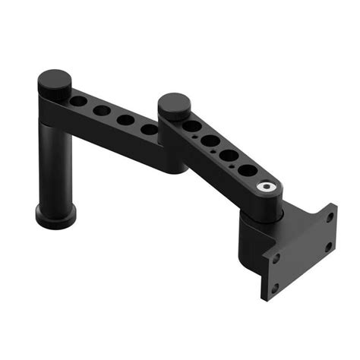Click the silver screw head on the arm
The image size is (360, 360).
coord(265,186)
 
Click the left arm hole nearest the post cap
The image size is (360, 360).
coord(80,101)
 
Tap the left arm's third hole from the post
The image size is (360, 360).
coord(126,120)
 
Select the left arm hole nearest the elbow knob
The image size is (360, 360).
coord(150,130)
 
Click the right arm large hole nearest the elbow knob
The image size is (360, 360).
coord(192,126)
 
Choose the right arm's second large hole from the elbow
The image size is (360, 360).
coord(210,141)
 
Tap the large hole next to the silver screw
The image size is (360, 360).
coord(248,171)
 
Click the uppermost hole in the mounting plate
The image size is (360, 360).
coord(330,216)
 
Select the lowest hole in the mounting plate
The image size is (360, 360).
coord(275,289)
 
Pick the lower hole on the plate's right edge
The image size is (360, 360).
coord(328,246)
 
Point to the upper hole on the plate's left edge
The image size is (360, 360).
coord(276,257)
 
